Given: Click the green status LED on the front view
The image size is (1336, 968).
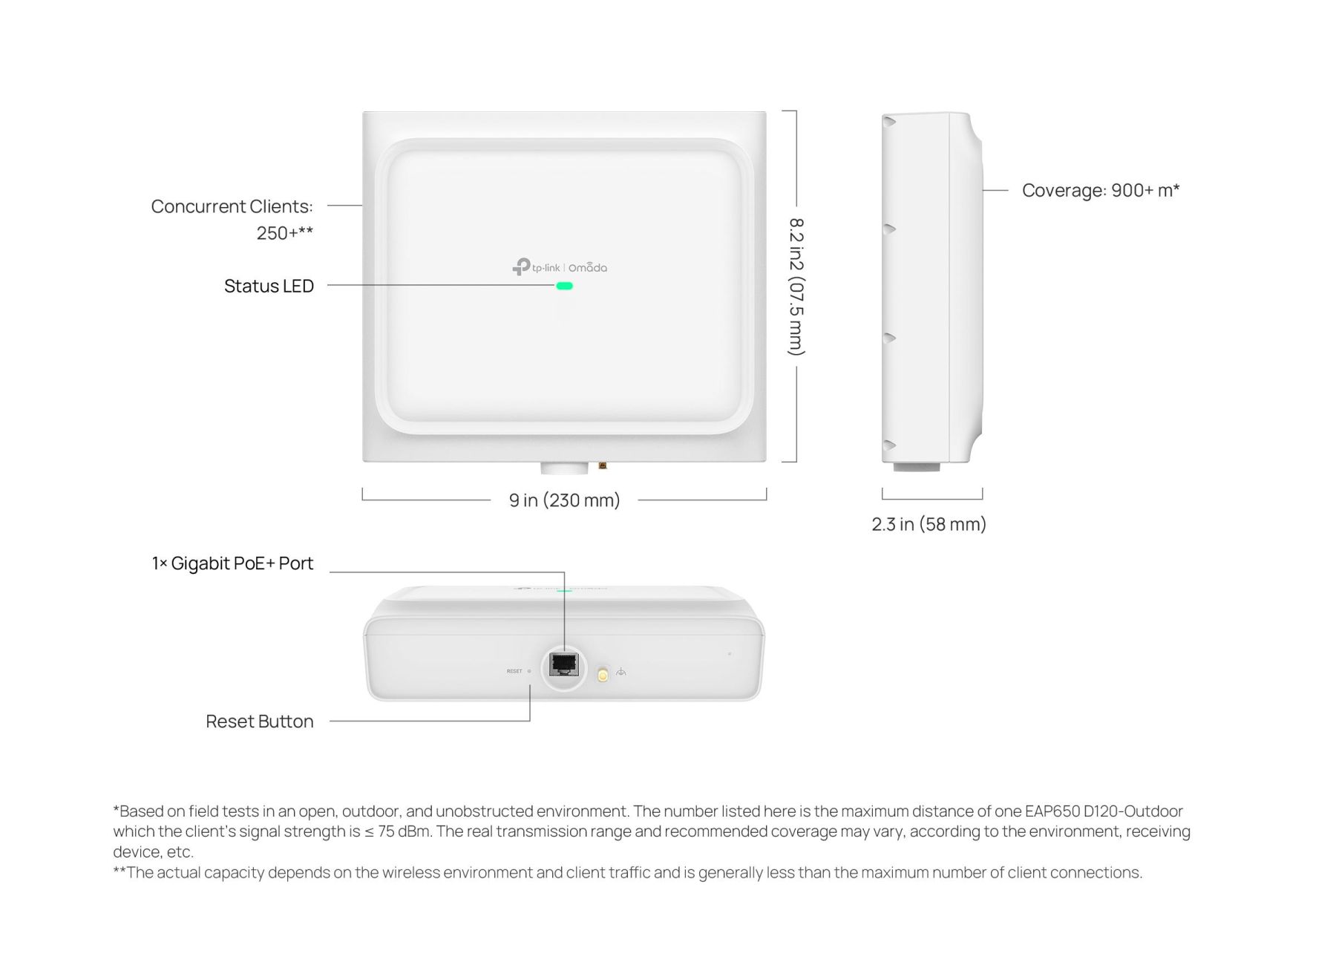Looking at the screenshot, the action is pyautogui.click(x=564, y=286).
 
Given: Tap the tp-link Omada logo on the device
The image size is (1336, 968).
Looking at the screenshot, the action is pyautogui.click(x=560, y=267).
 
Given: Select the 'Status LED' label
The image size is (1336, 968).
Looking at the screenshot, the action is pyautogui.click(x=269, y=286).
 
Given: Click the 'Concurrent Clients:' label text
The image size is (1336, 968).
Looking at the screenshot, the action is pyautogui.click(x=232, y=206).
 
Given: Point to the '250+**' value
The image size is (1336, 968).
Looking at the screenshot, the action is pyautogui.click(x=285, y=233).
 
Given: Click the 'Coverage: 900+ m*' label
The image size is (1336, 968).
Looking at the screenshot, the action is pyautogui.click(x=1101, y=190).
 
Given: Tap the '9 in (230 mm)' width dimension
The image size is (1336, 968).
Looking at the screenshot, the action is pyautogui.click(x=564, y=500).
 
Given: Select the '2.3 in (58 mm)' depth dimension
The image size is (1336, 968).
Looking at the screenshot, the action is pyautogui.click(x=929, y=524).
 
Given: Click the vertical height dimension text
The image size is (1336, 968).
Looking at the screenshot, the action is pyautogui.click(x=796, y=287).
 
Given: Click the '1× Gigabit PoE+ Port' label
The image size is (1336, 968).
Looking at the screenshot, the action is pyautogui.click(x=232, y=563).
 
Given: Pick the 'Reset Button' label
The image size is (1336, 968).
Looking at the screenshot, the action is pyautogui.click(x=260, y=722).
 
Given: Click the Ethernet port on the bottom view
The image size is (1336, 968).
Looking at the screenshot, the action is pyautogui.click(x=564, y=664).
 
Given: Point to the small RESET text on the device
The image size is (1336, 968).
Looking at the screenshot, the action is pyautogui.click(x=514, y=671).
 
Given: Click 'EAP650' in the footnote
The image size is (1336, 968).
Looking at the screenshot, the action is pyautogui.click(x=1052, y=811).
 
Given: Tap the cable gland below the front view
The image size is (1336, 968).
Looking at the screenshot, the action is pyautogui.click(x=564, y=468).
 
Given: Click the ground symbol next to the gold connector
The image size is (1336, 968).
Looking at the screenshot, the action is pyautogui.click(x=621, y=672).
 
